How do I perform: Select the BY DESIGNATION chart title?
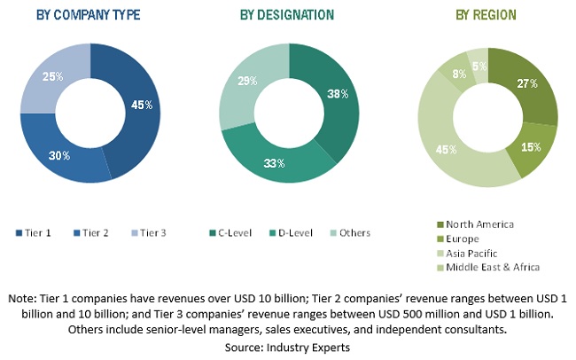287,15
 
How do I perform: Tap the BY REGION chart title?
486,15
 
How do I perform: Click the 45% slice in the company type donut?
138,106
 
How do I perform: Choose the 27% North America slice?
526,84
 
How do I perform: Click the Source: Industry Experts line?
288,342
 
